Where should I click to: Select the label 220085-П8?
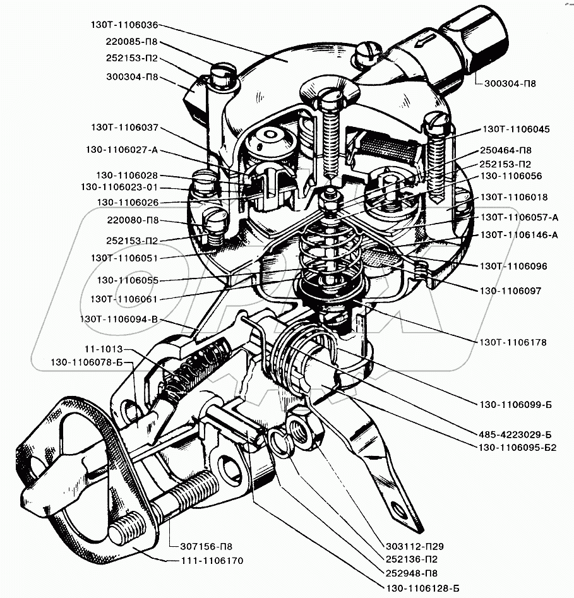131,42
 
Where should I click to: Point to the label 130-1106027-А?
121,150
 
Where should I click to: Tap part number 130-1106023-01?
121,188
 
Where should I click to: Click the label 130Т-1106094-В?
119,319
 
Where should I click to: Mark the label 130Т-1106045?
516,129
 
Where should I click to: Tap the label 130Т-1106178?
512,342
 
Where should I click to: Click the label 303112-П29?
414,547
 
